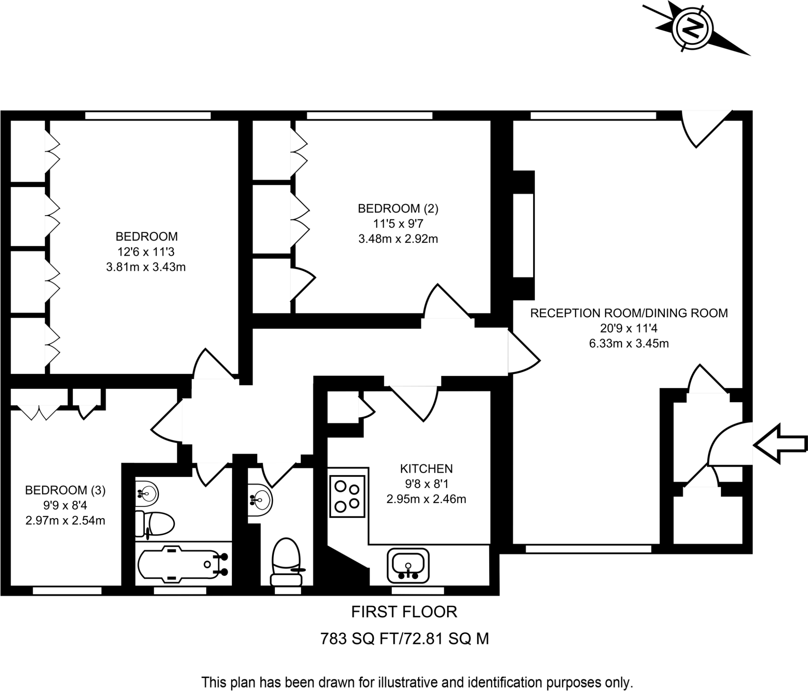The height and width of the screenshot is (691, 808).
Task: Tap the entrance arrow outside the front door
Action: (x=780, y=444)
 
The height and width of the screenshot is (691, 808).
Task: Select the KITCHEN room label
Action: (x=426, y=469)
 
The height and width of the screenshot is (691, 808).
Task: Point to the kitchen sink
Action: (x=408, y=566)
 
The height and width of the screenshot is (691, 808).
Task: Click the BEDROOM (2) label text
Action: (x=398, y=209)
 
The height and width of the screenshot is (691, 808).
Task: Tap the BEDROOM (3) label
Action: (x=65, y=490)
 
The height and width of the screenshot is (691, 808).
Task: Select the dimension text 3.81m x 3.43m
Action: (x=146, y=267)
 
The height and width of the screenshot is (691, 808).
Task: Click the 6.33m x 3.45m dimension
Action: (x=628, y=344)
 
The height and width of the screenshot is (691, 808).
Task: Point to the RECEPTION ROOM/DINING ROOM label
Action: (x=628, y=313)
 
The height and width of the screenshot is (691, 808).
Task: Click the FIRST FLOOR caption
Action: (x=404, y=612)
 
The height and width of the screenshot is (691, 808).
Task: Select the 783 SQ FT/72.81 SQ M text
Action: (x=404, y=639)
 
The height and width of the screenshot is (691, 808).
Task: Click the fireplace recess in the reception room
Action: (x=523, y=235)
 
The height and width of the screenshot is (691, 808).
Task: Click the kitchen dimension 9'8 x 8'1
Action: (x=426, y=484)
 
